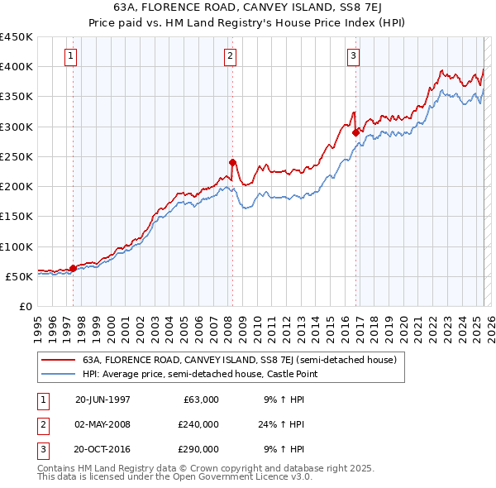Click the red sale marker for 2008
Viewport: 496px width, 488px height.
click(x=232, y=162)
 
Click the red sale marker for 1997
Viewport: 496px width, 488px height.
click(x=73, y=268)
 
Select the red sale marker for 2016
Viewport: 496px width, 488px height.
click(x=355, y=132)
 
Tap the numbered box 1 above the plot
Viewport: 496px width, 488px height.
click(x=70, y=56)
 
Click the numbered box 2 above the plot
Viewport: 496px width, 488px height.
click(x=229, y=56)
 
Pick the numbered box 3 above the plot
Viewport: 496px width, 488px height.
click(x=353, y=56)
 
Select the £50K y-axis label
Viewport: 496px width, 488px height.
click(x=20, y=276)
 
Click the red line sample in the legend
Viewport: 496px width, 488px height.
click(x=57, y=361)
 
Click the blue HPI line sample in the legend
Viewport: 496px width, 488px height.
click(x=57, y=375)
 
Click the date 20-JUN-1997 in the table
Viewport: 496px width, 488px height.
click(x=103, y=399)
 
